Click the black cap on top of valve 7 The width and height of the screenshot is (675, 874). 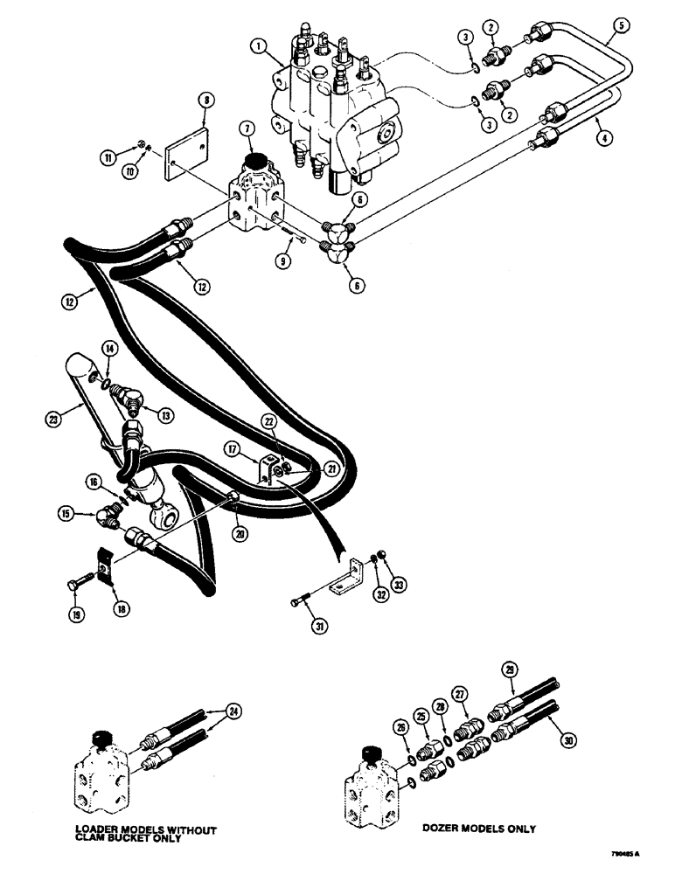[x=257, y=163]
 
